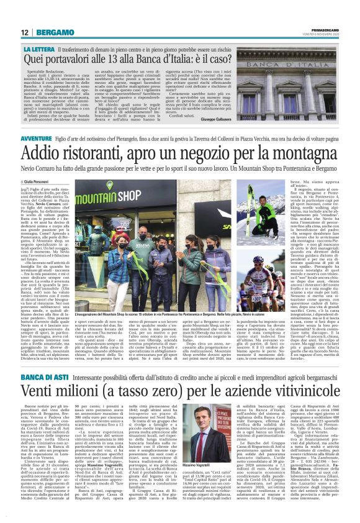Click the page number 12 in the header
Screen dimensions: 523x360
[24, 32]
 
